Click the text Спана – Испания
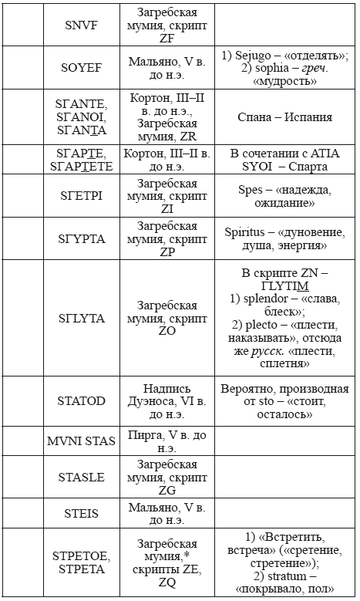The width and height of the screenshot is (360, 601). click(284, 117)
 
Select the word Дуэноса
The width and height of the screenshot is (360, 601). click(167, 401)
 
